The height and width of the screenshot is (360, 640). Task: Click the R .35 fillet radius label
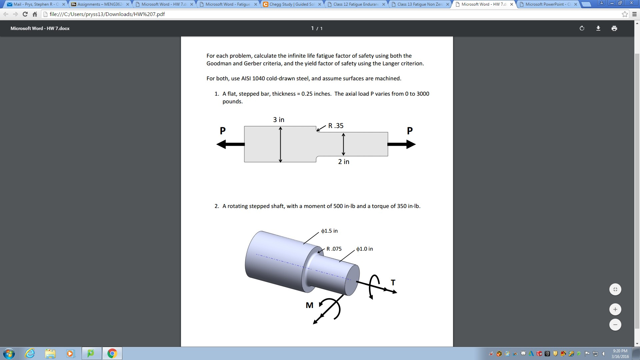pos(336,126)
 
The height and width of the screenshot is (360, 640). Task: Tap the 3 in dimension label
pos(279,120)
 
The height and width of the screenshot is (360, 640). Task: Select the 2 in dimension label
pos(344,162)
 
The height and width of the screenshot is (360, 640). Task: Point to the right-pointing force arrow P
pos(401,144)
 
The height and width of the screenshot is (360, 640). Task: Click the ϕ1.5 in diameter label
pos(329,231)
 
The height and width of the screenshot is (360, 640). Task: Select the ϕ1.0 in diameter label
pos(364,249)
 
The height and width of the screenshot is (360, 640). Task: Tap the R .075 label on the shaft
pos(334,249)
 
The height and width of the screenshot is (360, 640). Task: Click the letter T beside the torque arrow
pos(393,283)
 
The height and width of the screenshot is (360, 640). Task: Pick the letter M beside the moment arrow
pos(309,305)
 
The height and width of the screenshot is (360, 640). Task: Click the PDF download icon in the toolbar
pos(598,28)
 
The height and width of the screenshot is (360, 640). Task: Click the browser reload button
pos(25,14)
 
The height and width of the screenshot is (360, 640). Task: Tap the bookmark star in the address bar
pos(625,14)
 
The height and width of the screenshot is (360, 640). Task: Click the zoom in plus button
pos(615,309)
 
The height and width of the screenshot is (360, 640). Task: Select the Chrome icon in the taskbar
pos(112,353)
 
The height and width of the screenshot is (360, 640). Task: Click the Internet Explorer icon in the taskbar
pos(30,353)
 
